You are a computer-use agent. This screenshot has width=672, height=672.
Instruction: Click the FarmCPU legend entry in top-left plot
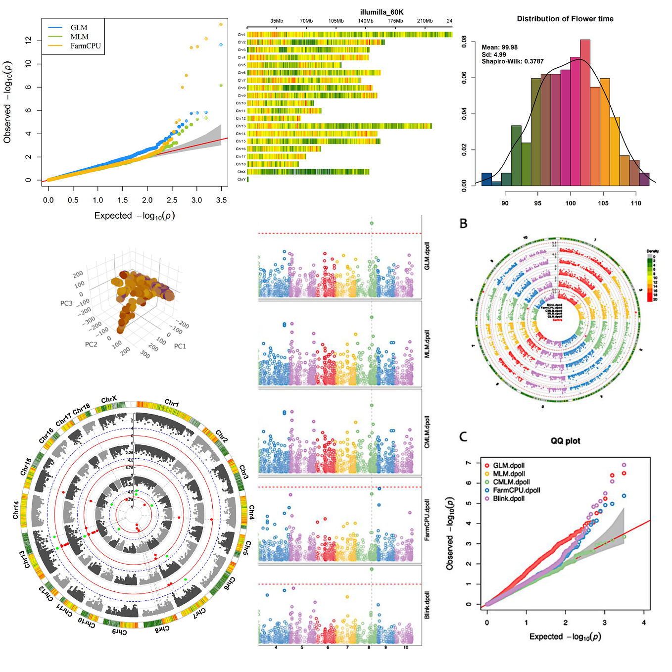pos(85,46)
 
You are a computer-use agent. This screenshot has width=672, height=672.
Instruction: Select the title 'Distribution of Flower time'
pos(565,19)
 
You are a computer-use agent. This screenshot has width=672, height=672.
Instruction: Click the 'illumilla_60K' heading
pos(382,12)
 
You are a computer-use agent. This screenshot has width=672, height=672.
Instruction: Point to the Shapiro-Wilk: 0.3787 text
pos(512,61)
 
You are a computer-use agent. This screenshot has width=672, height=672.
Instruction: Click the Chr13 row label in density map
pos(240,126)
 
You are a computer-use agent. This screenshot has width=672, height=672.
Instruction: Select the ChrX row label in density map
pos(241,172)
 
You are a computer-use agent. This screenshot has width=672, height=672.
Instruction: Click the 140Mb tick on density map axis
pos(366,21)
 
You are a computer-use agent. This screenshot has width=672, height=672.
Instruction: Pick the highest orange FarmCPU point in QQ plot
pos(221,24)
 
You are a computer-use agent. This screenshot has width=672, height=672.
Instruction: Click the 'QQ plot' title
pos(565,441)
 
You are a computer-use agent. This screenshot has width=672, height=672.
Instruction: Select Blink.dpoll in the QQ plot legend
pos(508,498)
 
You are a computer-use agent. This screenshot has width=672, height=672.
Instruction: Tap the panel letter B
pos(463,224)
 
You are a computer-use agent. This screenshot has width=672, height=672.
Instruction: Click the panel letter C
pos(463,436)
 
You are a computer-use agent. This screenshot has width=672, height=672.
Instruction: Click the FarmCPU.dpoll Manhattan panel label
pos(427,520)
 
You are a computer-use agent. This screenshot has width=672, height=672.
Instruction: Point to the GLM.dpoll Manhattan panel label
pos(427,256)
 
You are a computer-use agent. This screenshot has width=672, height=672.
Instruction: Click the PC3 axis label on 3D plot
pos(66,303)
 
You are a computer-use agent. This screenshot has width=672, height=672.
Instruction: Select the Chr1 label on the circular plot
pos(172,403)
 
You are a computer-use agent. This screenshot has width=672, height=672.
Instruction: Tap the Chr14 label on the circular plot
pos(16,510)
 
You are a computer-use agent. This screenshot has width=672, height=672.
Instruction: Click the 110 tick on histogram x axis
pos(636,203)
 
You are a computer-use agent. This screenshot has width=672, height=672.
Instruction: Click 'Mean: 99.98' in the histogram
pos(499,48)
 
